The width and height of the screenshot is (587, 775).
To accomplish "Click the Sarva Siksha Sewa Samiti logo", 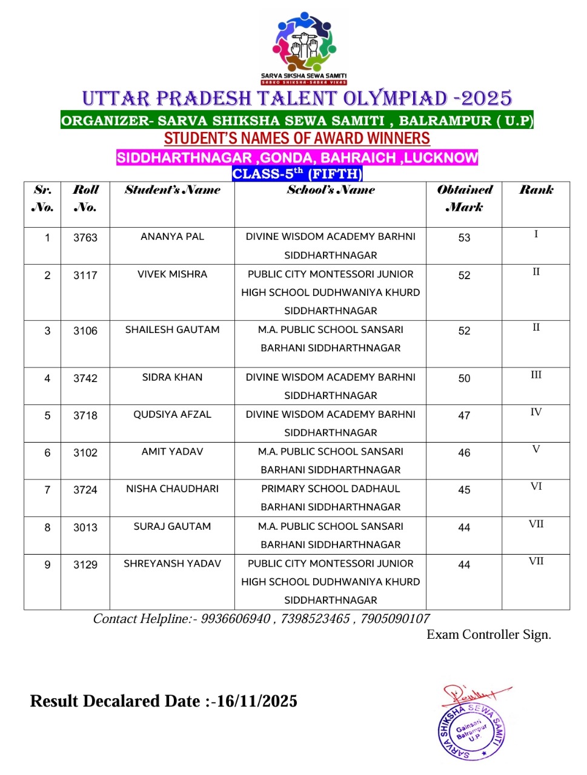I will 303,47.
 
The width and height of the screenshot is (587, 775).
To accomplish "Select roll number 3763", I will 85,237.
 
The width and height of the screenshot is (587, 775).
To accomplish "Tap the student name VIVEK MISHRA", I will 172,274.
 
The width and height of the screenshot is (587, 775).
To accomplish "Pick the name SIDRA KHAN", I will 172,377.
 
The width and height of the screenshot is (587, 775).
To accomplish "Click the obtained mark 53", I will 464,237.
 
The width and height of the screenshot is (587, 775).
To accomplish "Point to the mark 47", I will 464,415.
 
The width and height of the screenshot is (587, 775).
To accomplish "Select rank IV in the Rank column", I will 536,412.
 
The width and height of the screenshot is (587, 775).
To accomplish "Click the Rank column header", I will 536,190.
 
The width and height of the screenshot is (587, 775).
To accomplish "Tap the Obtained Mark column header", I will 465,198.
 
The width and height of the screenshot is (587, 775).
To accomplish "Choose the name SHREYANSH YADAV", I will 172,564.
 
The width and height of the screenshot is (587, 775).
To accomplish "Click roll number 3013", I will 85,527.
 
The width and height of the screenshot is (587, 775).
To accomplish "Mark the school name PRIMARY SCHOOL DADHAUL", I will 330,489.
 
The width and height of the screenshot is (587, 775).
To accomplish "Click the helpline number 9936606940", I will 236,619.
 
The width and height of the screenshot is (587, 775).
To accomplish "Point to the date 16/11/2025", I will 257,701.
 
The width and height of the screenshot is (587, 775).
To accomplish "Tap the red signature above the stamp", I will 475,693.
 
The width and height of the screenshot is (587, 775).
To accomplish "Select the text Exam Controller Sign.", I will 489,635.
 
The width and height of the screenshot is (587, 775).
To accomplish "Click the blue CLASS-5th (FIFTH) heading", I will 297,174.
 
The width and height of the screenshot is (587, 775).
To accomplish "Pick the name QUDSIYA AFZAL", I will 172,415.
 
